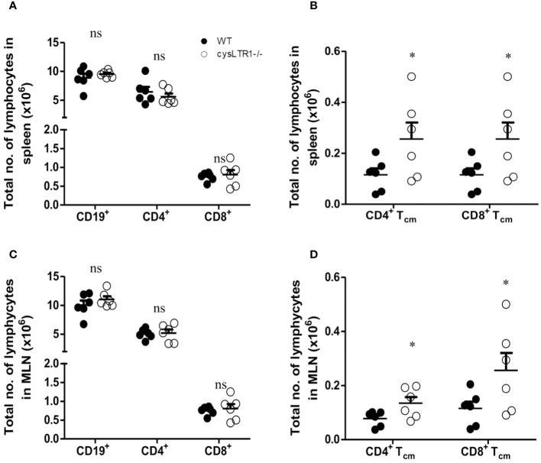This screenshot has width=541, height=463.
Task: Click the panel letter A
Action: point(5,6)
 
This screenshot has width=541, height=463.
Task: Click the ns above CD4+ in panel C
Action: point(159,309)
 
